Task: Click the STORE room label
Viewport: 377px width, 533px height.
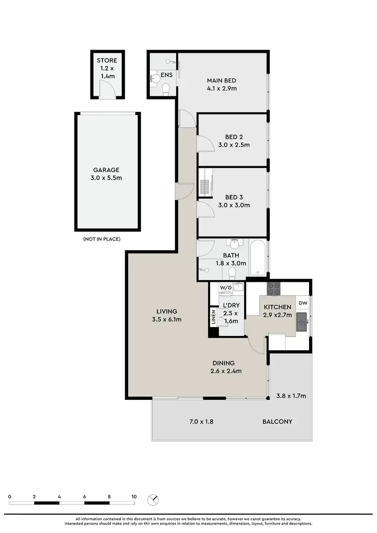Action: pos(107,61)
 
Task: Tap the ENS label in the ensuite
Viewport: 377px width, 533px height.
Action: pos(167,75)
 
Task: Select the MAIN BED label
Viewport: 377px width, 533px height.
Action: pos(222,80)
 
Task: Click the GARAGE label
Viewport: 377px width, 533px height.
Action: pos(106,170)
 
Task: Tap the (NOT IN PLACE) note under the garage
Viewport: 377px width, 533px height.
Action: pos(102,239)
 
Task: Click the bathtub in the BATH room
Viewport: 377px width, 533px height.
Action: pos(258,259)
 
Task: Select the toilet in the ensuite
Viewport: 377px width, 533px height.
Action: pos(166,89)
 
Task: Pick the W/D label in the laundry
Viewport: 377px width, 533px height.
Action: pos(226,288)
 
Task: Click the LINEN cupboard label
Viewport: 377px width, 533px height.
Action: pos(213,317)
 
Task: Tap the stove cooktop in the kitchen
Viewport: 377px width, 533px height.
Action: pos(273,288)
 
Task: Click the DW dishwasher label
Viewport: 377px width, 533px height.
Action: pos(303,303)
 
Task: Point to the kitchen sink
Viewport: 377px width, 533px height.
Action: pos(302,319)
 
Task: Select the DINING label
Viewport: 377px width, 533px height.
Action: pos(224,363)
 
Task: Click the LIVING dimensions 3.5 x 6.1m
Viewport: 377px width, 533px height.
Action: pos(167,319)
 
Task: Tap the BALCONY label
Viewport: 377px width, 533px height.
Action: pos(277,421)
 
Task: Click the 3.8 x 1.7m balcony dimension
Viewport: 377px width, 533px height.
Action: pos(291,396)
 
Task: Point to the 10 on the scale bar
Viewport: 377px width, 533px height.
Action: pos(134,496)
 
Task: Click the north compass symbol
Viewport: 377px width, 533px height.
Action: pos(153,500)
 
